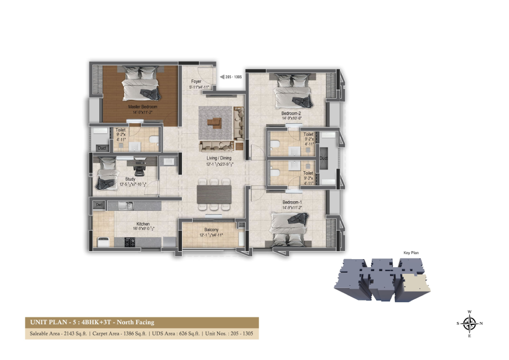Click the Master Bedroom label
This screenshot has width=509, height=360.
[142, 107]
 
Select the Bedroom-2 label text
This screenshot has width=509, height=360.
[291, 113]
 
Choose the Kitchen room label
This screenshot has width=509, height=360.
[126, 225]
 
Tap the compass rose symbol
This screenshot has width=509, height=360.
[469, 324]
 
